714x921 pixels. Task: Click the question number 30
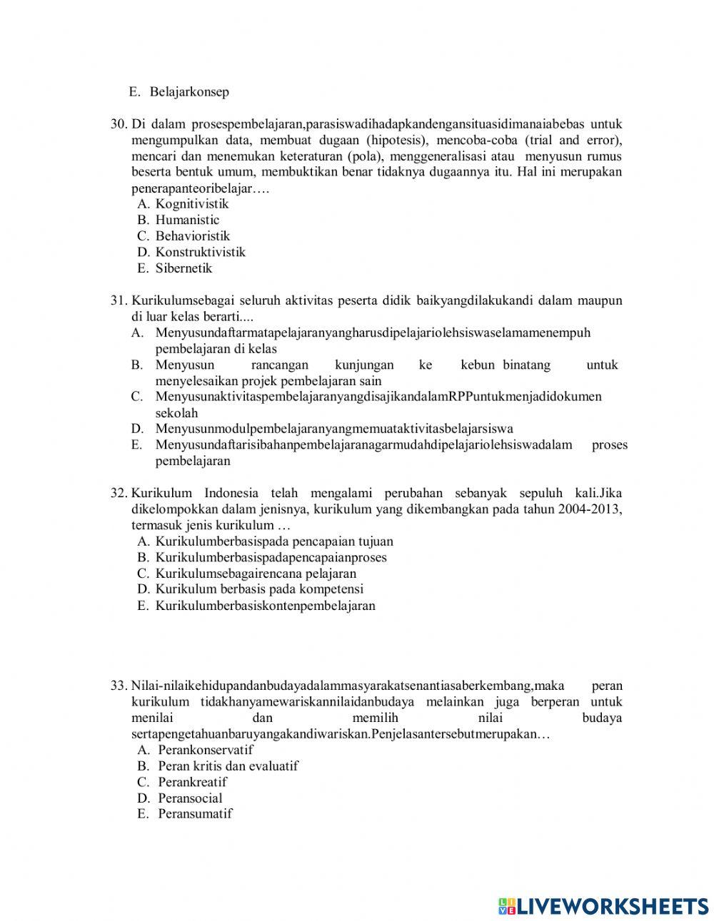119,124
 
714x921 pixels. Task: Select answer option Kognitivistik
192,204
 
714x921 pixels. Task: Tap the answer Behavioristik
193,236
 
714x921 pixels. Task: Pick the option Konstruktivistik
200,252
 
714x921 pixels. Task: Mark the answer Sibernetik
183,268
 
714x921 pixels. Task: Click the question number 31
119,300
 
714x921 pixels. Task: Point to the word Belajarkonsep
189,92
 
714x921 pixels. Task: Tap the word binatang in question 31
527,365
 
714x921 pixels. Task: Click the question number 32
119,493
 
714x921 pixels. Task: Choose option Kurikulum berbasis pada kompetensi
259,589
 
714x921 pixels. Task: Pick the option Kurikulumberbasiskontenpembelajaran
265,606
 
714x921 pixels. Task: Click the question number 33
119,686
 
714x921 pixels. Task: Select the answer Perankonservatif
206,750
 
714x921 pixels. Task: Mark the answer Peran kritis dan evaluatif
228,766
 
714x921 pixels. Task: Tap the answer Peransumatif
195,814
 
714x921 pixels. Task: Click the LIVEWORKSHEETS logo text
611,906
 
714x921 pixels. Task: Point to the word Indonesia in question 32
233,493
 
